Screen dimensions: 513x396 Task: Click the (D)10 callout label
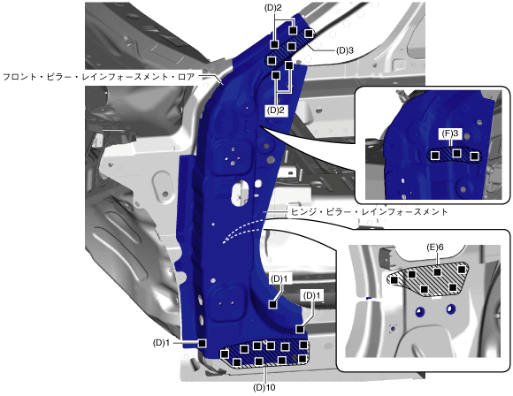click(x=264, y=387)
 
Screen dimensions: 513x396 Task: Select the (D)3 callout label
click(x=345, y=50)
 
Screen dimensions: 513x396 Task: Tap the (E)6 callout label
click(x=435, y=247)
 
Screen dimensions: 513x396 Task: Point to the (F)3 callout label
click(x=450, y=133)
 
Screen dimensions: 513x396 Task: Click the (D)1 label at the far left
click(x=161, y=343)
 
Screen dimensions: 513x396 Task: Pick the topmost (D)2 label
click(x=272, y=8)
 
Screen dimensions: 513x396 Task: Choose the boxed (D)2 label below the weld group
click(x=276, y=110)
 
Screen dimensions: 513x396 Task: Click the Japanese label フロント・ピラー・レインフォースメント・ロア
click(x=98, y=77)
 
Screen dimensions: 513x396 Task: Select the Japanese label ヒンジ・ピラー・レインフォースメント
click(x=369, y=212)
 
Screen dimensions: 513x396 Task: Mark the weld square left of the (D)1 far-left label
click(x=203, y=343)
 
